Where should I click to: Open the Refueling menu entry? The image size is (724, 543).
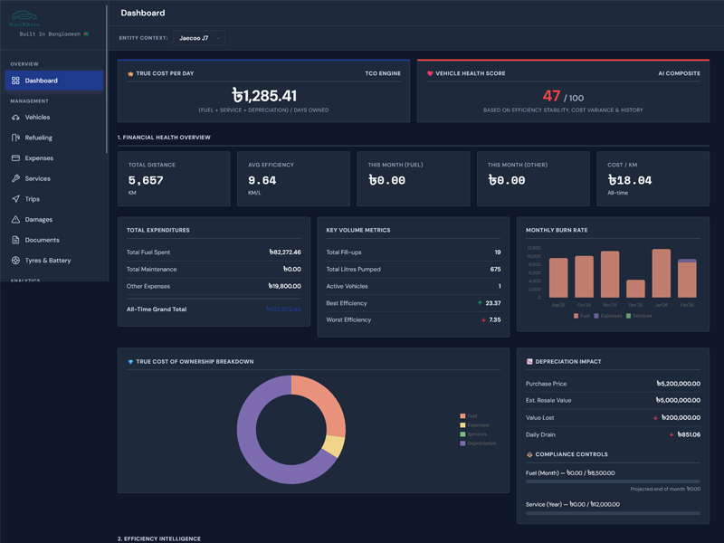tap(38, 138)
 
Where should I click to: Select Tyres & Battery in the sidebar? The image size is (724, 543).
tap(47, 261)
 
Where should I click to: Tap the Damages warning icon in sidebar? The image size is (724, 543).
tap(15, 220)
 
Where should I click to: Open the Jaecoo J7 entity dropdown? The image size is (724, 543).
tap(199, 38)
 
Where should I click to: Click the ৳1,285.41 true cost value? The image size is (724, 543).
tap(263, 95)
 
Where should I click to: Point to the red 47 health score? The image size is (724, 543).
tap(551, 96)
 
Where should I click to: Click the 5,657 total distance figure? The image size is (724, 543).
tap(146, 180)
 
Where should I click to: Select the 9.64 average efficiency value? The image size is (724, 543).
tap(262, 180)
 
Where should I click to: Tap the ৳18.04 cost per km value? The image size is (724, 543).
tap(631, 180)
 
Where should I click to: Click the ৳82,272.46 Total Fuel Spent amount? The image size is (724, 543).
tap(284, 252)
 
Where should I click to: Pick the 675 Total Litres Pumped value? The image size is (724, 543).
tap(495, 270)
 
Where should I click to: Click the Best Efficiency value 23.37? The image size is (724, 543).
tap(492, 303)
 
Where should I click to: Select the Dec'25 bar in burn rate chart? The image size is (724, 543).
tap(635, 289)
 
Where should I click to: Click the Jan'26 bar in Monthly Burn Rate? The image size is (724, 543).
tap(662, 273)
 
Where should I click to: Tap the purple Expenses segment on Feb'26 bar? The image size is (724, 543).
tap(687, 261)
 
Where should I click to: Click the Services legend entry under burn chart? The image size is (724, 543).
tap(642, 316)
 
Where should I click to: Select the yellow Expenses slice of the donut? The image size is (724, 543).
tap(333, 446)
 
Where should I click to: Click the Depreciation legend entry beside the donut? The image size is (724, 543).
tap(479, 443)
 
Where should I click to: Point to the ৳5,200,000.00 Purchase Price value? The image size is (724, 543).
tap(678, 384)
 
